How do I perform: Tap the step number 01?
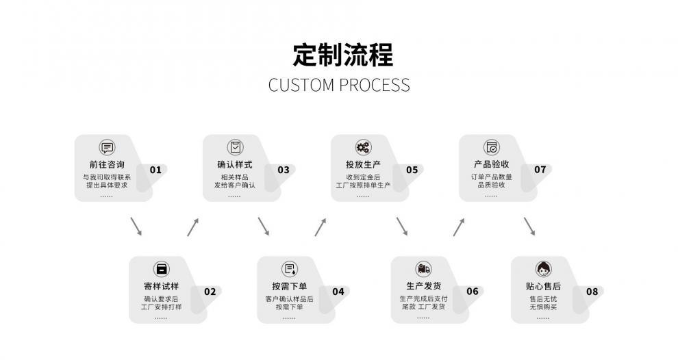[x=155, y=170]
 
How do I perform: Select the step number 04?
[x=338, y=292]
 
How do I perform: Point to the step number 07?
[x=540, y=170]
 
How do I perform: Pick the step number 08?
[x=592, y=292]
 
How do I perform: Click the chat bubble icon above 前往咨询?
[x=107, y=147]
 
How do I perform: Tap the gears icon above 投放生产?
[x=363, y=147]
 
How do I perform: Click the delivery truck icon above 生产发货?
[x=423, y=269]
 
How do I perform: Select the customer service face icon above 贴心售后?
[x=543, y=269]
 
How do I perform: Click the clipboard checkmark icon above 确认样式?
[x=235, y=147]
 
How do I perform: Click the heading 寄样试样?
[x=161, y=286]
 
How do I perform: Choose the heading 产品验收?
[x=491, y=164]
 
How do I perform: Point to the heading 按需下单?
[x=289, y=286]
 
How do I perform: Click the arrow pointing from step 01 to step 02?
[x=136, y=227]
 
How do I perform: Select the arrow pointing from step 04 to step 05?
[x=321, y=227]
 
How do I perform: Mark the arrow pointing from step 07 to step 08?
[x=529, y=227]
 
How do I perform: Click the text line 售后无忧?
[x=543, y=298]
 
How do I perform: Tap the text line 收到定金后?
[x=363, y=177]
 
